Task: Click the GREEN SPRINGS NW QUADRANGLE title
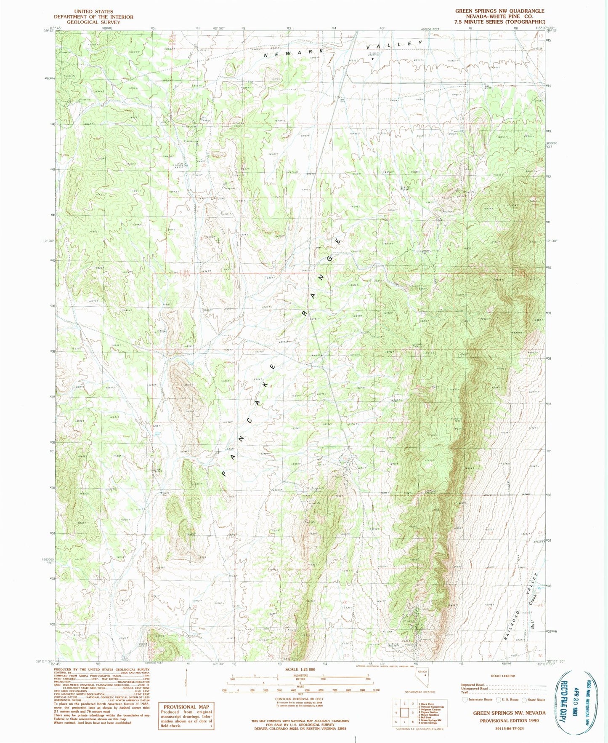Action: click(x=499, y=11)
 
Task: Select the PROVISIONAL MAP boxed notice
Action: click(x=186, y=716)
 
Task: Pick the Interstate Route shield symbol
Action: click(x=465, y=700)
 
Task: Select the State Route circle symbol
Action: click(x=524, y=700)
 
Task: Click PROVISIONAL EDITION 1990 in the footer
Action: click(x=509, y=720)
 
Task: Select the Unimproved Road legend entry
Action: click(x=474, y=689)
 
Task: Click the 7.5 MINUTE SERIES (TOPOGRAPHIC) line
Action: click(x=499, y=22)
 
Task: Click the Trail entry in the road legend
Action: click(x=465, y=692)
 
